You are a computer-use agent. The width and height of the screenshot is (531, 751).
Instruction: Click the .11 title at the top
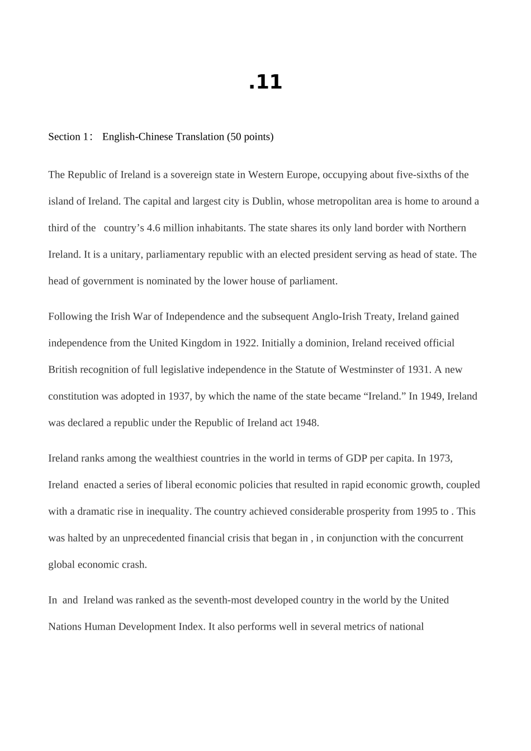265,82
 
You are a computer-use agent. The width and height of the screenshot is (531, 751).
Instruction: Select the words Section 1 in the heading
68,137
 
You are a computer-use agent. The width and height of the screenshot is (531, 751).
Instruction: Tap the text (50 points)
250,137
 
